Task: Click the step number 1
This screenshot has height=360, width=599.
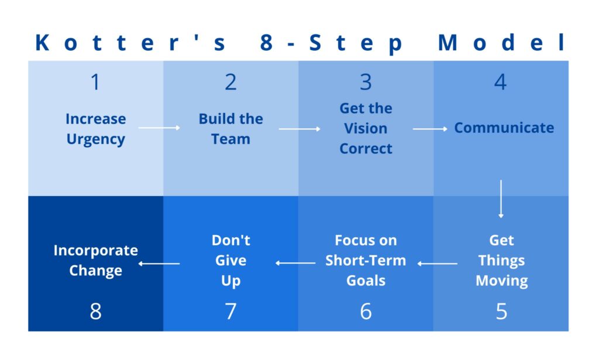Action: (95, 82)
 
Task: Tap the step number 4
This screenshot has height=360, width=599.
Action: (501, 82)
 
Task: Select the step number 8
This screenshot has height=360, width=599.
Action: (95, 311)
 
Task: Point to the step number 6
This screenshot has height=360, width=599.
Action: (366, 311)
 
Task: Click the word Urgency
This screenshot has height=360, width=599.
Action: (95, 139)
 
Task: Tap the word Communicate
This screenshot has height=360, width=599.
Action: (504, 128)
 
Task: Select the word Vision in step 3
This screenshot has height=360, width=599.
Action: (366, 128)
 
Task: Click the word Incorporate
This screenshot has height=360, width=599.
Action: (95, 251)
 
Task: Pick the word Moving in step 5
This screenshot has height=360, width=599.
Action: (501, 281)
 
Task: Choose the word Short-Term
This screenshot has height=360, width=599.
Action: (366, 260)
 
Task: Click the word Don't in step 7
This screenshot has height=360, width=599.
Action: (230, 241)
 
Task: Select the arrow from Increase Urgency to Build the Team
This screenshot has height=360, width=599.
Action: (159, 128)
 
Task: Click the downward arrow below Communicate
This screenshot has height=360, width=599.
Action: (501, 198)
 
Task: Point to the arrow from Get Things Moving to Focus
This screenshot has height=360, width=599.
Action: (438, 263)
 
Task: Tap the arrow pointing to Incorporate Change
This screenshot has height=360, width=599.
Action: (159, 263)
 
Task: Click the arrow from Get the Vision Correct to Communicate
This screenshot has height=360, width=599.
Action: (430, 129)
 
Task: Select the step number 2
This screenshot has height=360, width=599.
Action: (230, 82)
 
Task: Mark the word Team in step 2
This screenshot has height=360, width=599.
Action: (230, 139)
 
